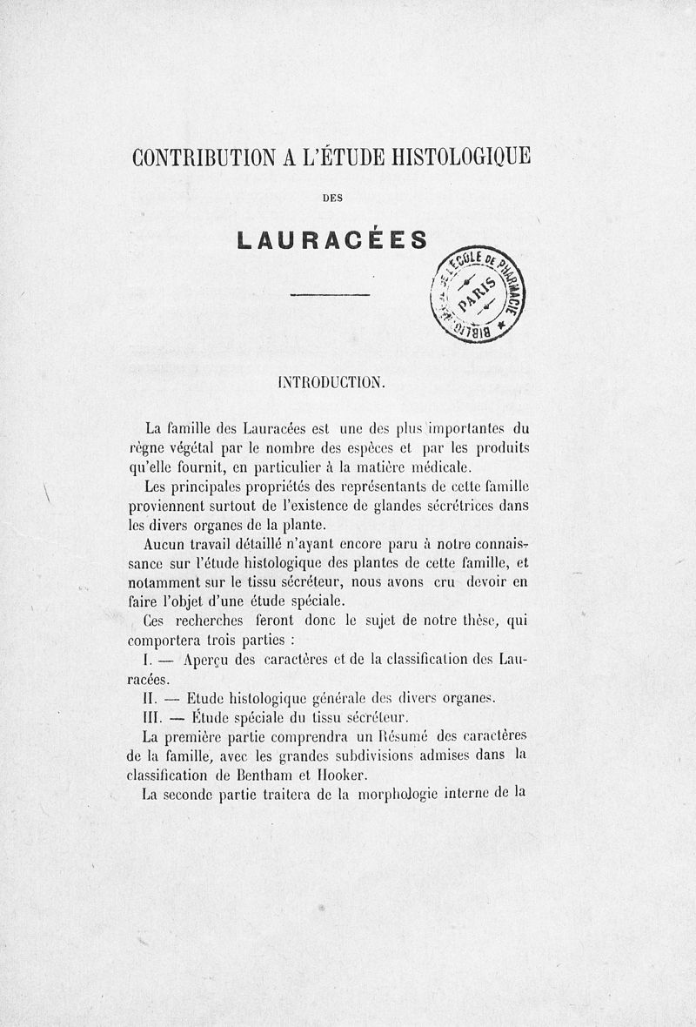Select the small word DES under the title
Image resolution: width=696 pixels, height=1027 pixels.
(331, 198)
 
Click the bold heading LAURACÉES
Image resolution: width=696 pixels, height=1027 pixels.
(331, 239)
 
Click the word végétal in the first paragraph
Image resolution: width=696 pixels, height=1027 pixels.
(191, 447)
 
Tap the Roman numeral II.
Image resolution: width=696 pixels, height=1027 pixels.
(148, 698)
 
